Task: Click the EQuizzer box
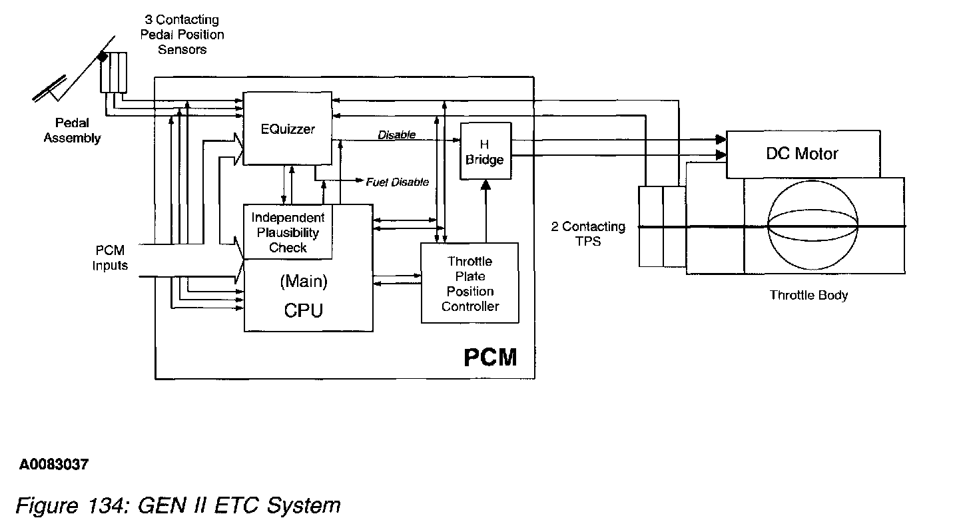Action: pos(287,129)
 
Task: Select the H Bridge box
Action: pos(485,152)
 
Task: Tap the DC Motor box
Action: pos(802,154)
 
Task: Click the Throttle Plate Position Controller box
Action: pos(470,284)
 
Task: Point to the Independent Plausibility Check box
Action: pos(288,232)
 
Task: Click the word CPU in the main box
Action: pos(303,310)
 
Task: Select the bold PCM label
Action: pos(490,357)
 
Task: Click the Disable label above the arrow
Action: pos(396,134)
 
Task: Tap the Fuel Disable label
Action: pos(397,182)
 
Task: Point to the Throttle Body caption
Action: pos(808,294)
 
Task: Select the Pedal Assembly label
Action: pos(72,131)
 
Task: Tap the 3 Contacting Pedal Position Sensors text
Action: pos(182,35)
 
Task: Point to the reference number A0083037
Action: pos(53,465)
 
